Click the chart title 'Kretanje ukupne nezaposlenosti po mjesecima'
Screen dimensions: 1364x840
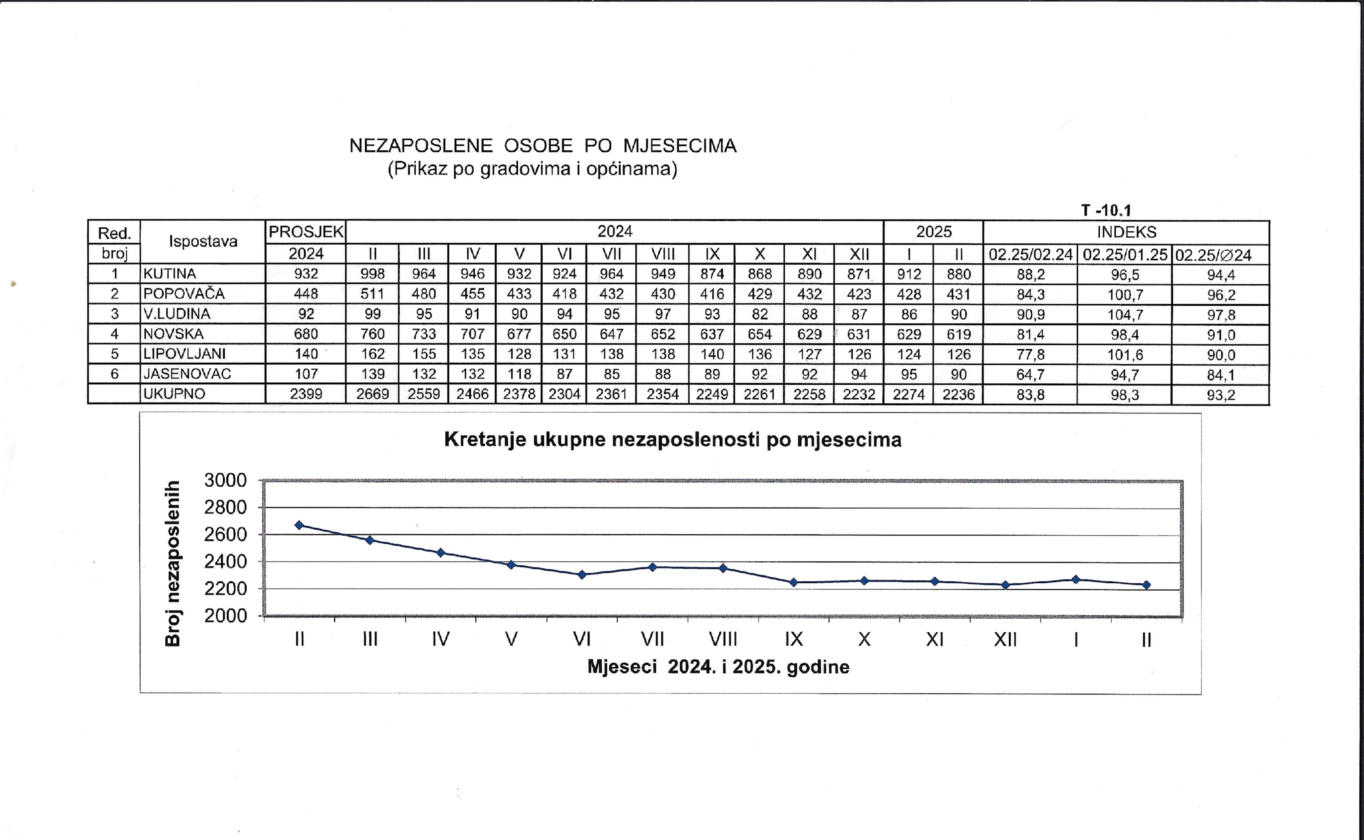click(673, 439)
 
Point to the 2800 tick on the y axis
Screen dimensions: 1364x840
click(226, 507)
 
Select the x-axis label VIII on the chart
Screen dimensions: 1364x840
click(723, 639)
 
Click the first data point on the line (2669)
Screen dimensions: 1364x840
click(299, 525)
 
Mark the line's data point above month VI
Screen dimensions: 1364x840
click(582, 574)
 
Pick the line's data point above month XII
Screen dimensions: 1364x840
click(1005, 584)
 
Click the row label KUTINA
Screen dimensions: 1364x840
click(170, 274)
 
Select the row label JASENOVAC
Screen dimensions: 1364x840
click(187, 374)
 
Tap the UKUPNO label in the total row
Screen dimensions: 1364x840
click(174, 394)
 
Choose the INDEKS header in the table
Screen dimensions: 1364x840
click(1126, 232)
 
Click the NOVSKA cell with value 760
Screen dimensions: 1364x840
click(372, 334)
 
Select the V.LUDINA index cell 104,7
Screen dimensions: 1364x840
click(1125, 315)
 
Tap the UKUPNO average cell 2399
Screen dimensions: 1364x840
click(306, 394)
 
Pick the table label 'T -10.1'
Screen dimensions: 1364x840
click(1106, 210)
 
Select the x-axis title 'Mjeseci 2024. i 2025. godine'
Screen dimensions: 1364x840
click(719, 667)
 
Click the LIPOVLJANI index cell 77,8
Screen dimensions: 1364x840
click(1031, 354)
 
